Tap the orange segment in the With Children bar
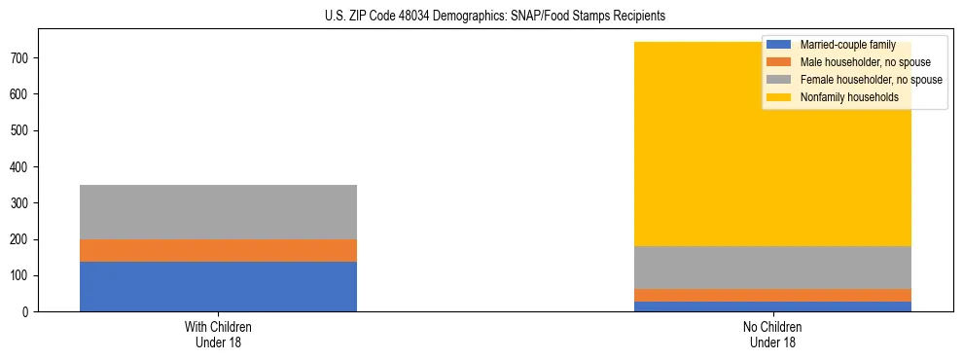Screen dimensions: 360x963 pos(218,250)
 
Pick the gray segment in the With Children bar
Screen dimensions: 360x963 pos(218,211)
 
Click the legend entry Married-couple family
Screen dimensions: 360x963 pos(847,45)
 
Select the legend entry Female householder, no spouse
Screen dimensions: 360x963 pos(871,80)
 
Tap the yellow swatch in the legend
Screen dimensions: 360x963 pos(779,97)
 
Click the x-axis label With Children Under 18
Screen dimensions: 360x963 pos(218,334)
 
